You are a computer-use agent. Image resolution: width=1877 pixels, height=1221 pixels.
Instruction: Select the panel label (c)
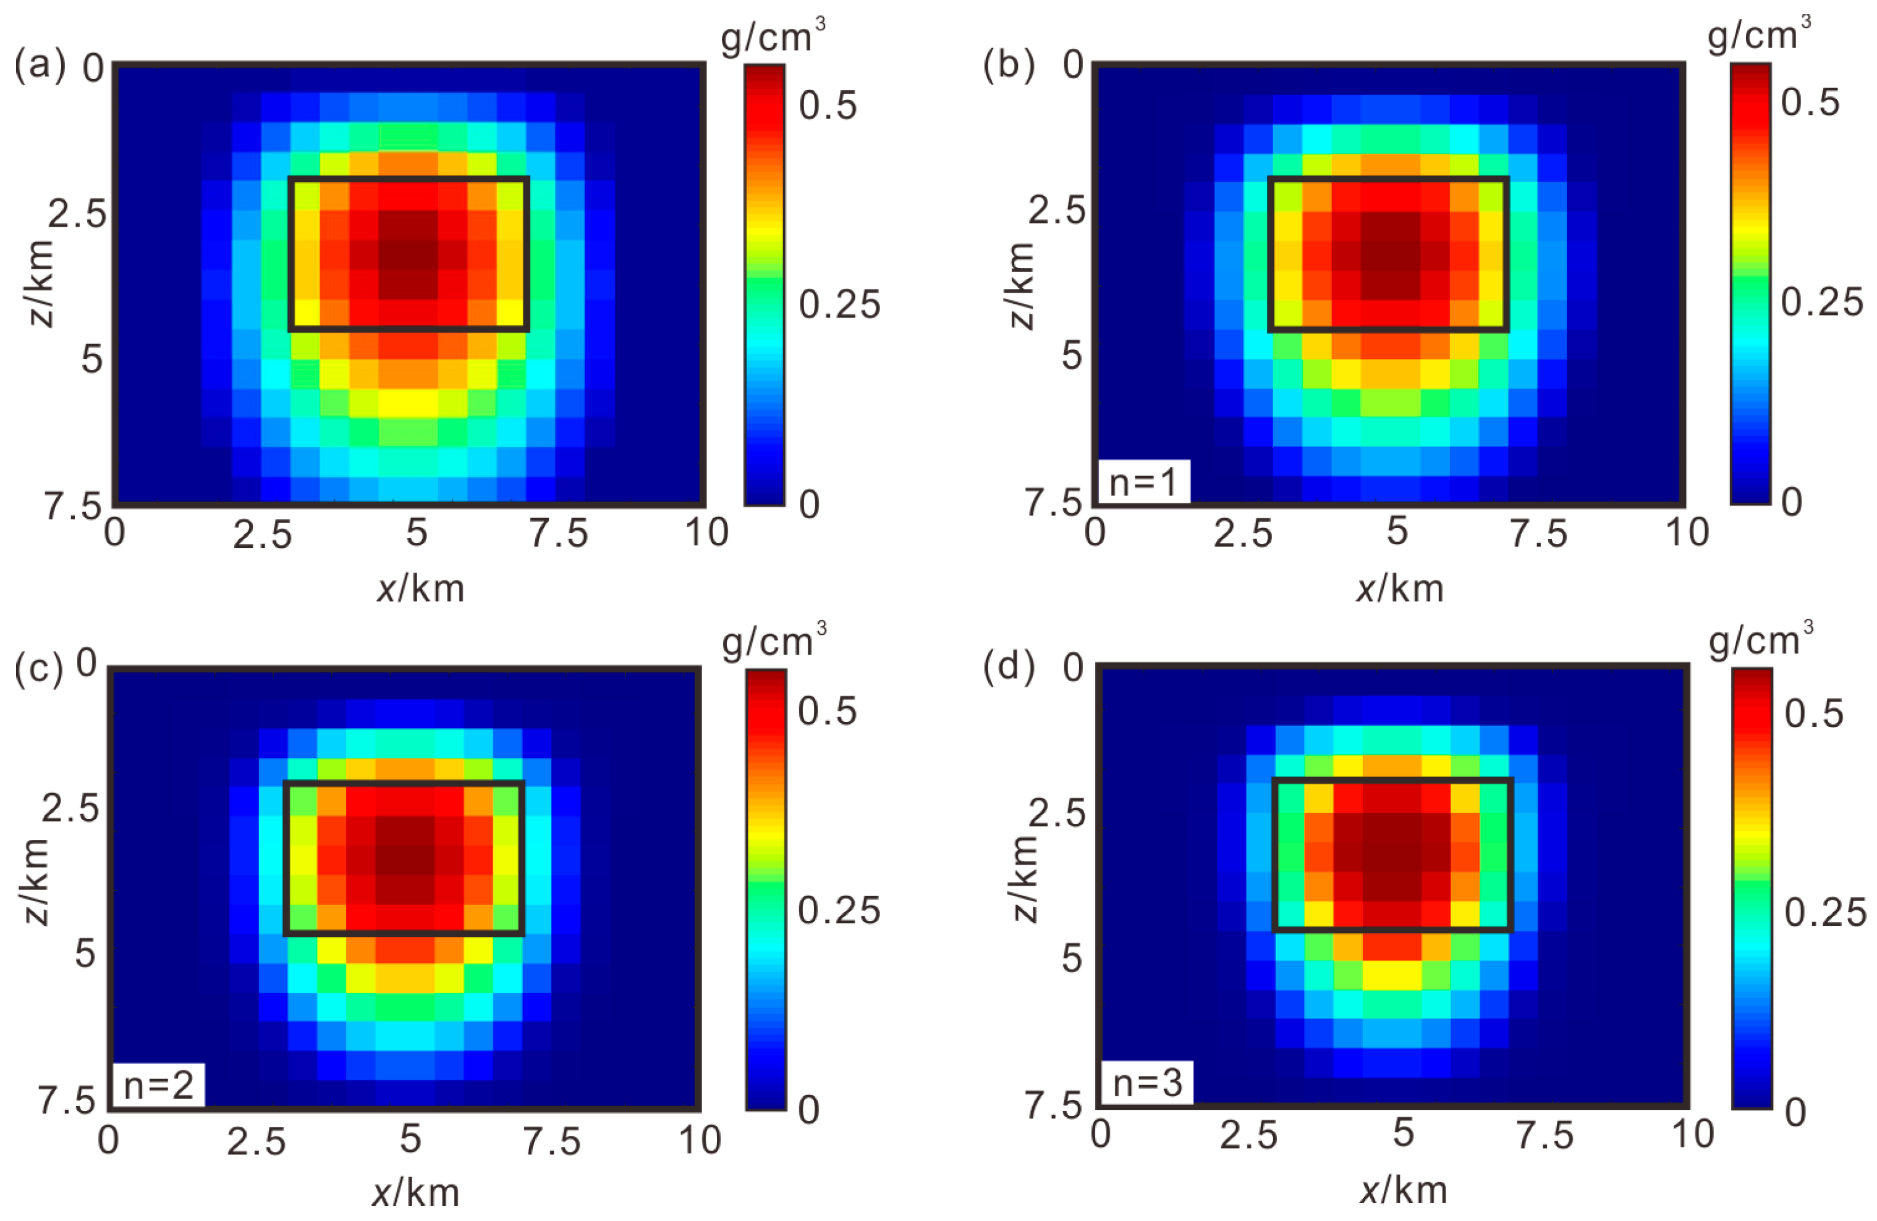click(38, 671)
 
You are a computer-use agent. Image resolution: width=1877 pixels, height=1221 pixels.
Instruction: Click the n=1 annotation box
click(1143, 482)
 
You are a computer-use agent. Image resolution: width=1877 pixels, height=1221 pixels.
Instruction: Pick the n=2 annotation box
click(158, 1085)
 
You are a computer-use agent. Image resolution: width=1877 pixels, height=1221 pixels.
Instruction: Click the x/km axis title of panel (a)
click(420, 589)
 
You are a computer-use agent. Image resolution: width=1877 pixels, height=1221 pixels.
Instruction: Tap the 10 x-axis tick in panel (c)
click(700, 1141)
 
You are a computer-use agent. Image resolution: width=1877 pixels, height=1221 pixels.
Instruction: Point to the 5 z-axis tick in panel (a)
click(92, 359)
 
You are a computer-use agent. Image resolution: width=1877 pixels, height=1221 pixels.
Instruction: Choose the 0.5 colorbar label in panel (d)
click(1814, 713)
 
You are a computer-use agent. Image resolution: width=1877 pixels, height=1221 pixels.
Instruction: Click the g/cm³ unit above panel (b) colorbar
click(1758, 35)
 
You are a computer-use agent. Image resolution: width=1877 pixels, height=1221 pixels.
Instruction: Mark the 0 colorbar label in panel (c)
click(808, 1110)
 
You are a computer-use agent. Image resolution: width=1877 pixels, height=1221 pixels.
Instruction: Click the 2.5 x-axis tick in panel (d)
click(1248, 1136)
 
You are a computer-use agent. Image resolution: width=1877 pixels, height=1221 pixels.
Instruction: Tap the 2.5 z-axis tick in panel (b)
click(1057, 211)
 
